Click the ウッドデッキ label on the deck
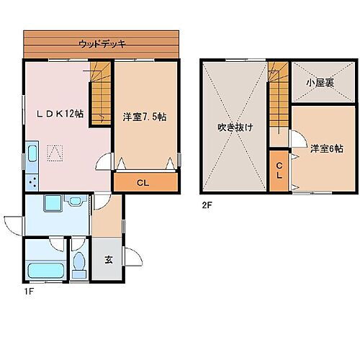(102, 44)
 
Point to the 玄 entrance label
(108, 260)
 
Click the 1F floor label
(29, 292)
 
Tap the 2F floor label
(207, 204)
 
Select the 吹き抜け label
(235, 127)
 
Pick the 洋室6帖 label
(326, 149)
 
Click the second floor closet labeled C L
(279, 170)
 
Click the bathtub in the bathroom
(45, 272)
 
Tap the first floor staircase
(100, 94)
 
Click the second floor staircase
(278, 94)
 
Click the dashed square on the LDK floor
(54, 153)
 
